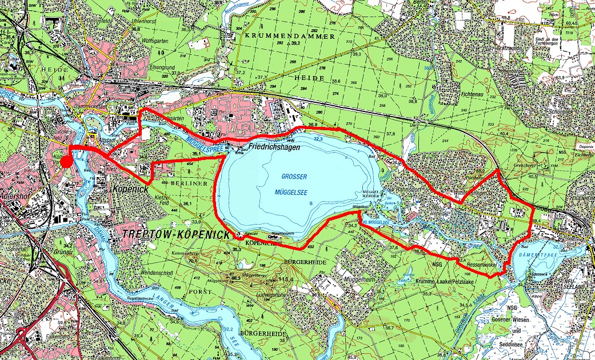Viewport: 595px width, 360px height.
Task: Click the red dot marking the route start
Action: click(67, 162)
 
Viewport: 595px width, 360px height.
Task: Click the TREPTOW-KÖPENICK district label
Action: click(174, 235)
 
